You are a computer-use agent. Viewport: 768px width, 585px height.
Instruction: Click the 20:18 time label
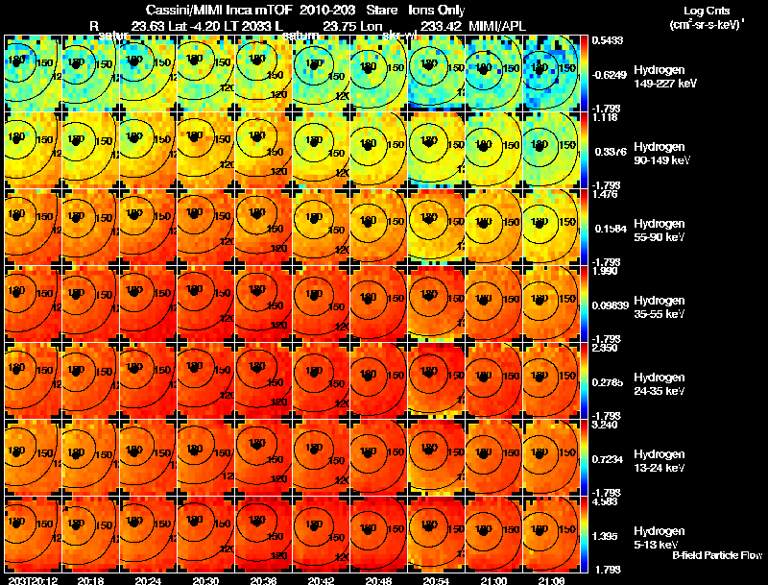[91, 580]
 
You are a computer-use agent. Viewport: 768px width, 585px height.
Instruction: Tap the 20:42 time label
[321, 580]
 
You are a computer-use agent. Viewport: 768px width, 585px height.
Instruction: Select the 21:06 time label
[552, 580]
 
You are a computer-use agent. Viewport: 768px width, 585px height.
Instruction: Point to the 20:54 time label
[437, 580]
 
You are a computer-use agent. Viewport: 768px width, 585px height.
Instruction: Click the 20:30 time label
[205, 580]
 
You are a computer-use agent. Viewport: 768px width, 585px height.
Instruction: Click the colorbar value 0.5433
[606, 39]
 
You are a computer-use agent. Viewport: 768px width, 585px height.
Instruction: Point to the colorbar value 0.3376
[606, 150]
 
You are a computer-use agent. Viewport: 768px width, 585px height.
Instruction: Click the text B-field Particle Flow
[717, 555]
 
